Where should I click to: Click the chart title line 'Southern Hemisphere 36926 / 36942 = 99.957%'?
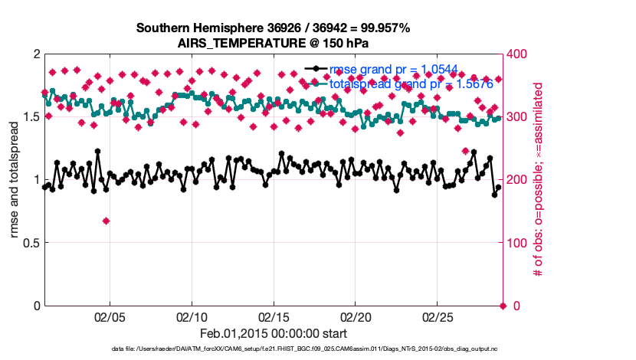pyautogui.click(x=273, y=28)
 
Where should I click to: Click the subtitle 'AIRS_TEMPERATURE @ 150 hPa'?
pyautogui.click(x=273, y=43)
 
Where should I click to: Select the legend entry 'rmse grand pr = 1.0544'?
pyautogui.click(x=393, y=70)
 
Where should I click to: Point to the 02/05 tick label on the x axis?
pyautogui.click(x=109, y=316)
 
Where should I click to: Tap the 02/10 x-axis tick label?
pyautogui.click(x=191, y=316)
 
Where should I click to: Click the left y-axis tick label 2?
pyautogui.click(x=35, y=54)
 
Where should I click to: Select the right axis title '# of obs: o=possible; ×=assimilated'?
pyautogui.click(x=539, y=180)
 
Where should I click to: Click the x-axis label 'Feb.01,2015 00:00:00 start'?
pyautogui.click(x=273, y=333)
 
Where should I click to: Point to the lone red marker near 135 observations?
pyautogui.click(x=106, y=221)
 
